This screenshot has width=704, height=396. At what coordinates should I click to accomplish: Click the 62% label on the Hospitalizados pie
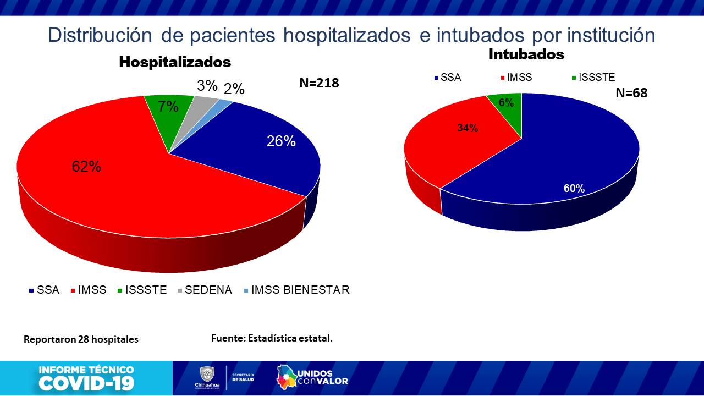pyautogui.click(x=86, y=167)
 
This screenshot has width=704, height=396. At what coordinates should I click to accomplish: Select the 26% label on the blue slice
pyautogui.click(x=281, y=141)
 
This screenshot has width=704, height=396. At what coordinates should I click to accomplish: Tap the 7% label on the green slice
pyautogui.click(x=168, y=107)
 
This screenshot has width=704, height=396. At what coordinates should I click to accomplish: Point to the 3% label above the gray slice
pyautogui.click(x=207, y=86)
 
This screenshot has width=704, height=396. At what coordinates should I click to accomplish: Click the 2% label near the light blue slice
pyautogui.click(x=234, y=89)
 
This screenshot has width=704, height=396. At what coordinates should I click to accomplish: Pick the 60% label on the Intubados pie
pyautogui.click(x=574, y=188)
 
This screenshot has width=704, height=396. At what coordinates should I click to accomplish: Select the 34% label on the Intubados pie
pyautogui.click(x=468, y=128)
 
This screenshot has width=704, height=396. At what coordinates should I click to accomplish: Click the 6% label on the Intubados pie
pyautogui.click(x=506, y=102)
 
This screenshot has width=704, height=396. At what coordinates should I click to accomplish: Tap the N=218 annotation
pyautogui.click(x=319, y=83)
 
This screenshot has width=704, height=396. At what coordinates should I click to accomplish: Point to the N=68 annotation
pyautogui.click(x=631, y=93)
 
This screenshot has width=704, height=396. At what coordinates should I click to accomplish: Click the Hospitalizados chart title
pyautogui.click(x=175, y=62)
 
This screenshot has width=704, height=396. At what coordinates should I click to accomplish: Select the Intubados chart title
pyautogui.click(x=526, y=54)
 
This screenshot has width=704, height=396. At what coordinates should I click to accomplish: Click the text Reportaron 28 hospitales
pyautogui.click(x=81, y=339)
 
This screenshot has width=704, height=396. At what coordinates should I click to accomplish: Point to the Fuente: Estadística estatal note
pyautogui.click(x=272, y=338)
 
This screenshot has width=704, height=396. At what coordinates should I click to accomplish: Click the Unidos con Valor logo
pyautogui.click(x=312, y=377)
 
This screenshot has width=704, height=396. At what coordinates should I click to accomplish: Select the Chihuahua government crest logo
pyautogui.click(x=207, y=377)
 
